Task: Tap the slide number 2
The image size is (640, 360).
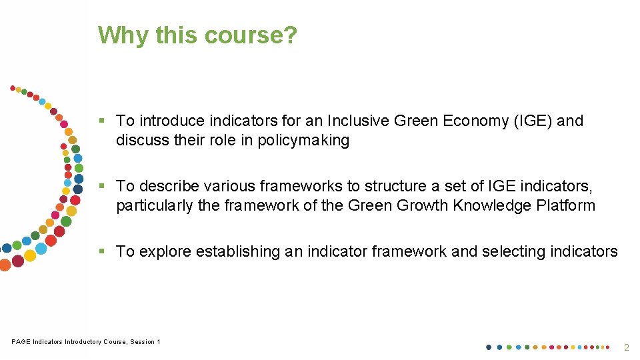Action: pyautogui.click(x=626, y=347)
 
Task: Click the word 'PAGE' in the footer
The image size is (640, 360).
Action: pyautogui.click(x=21, y=342)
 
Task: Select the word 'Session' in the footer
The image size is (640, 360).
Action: pyautogui.click(x=142, y=342)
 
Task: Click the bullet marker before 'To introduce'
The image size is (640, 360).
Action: pyautogui.click(x=102, y=121)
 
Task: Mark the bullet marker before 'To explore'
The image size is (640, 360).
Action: pyautogui.click(x=102, y=252)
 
